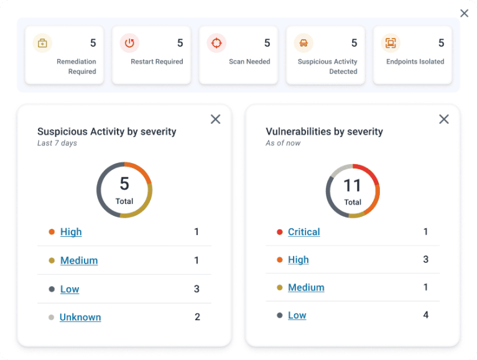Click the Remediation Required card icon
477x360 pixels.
(x=42, y=43)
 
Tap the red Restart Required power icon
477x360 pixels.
(x=129, y=43)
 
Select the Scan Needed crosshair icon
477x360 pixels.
(x=216, y=43)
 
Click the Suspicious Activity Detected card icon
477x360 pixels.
(x=303, y=43)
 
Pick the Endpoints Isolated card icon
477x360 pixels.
(x=391, y=43)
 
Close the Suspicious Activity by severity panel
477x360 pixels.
(x=215, y=119)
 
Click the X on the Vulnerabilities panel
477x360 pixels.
(x=443, y=119)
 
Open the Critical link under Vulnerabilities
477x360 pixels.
(x=304, y=232)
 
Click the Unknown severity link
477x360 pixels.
(x=80, y=317)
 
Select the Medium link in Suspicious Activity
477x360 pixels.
(x=79, y=261)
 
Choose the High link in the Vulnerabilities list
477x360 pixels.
(x=299, y=260)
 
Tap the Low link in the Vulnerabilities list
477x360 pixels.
(x=297, y=315)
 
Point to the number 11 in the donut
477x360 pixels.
(x=353, y=185)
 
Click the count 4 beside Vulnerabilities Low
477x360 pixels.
(x=426, y=315)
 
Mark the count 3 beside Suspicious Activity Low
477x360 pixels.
(x=197, y=289)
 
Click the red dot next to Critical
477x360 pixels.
(x=280, y=233)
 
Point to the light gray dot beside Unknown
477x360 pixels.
(x=52, y=318)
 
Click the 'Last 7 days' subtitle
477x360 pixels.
(x=57, y=143)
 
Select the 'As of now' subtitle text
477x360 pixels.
(x=284, y=143)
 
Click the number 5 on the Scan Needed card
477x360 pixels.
(x=267, y=43)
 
